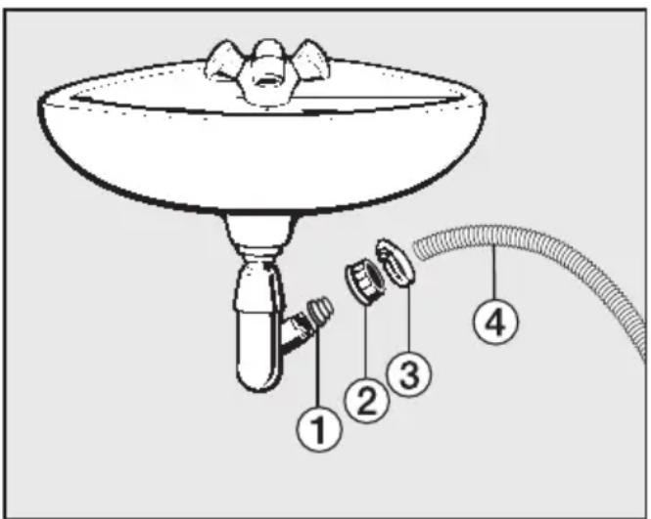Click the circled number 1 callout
(x=319, y=429)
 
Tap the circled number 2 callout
(x=366, y=400)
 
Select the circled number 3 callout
(x=409, y=374)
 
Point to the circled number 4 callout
(x=495, y=322)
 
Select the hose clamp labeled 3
(x=395, y=262)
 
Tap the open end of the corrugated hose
(x=420, y=248)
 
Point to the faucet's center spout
(x=265, y=74)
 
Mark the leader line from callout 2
(x=366, y=341)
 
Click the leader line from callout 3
(x=408, y=318)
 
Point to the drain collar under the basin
(x=261, y=231)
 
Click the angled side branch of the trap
(x=297, y=332)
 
